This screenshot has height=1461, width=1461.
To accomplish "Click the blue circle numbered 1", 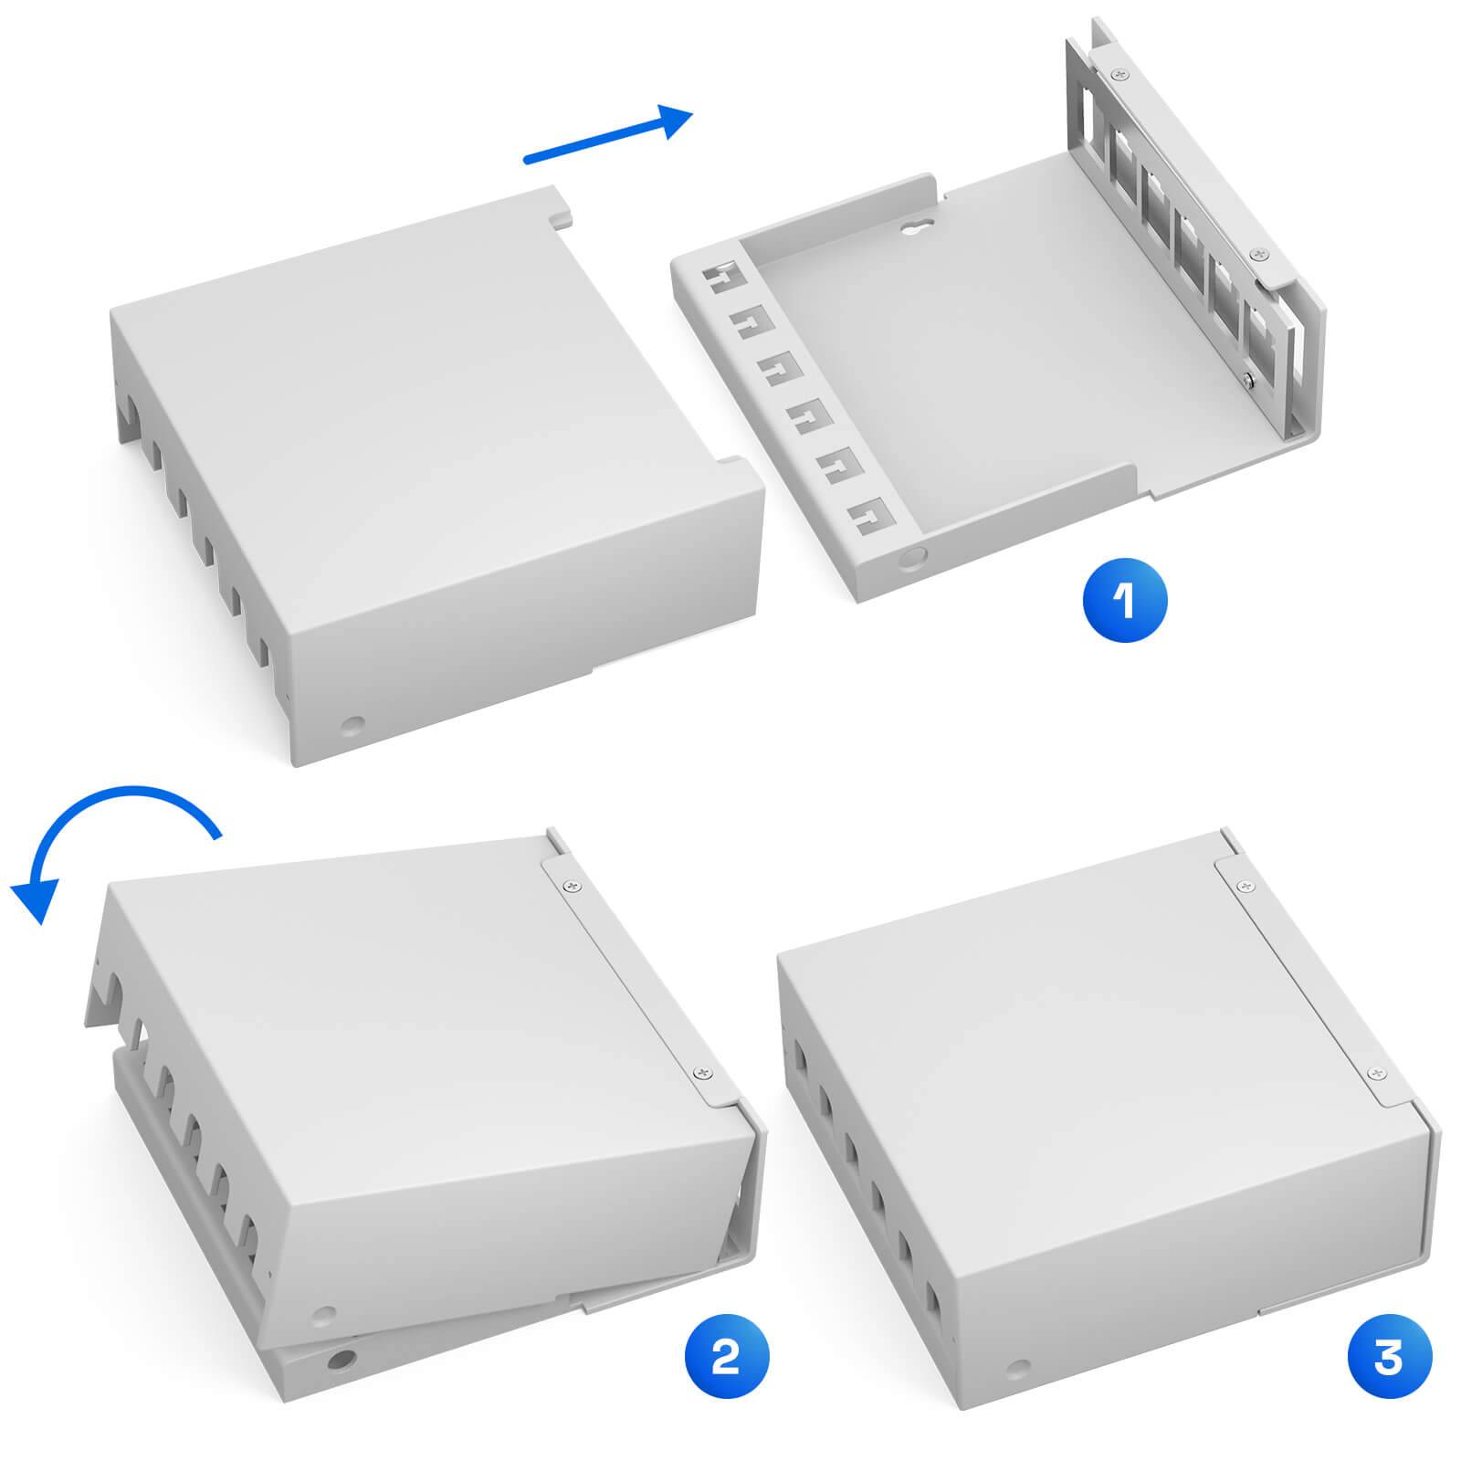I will [x=1124, y=600].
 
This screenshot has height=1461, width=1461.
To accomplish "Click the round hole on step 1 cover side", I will [x=351, y=727].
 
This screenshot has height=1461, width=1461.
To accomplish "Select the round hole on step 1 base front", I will [x=909, y=558].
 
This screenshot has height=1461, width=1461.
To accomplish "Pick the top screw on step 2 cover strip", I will [x=573, y=884].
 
